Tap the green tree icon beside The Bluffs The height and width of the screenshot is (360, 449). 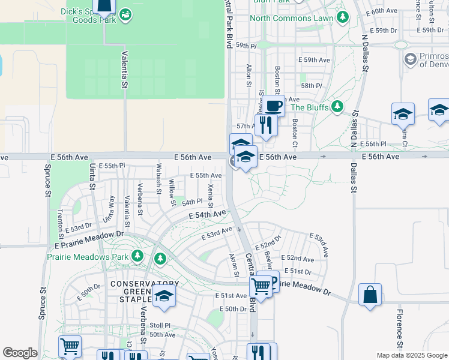pos(337,107)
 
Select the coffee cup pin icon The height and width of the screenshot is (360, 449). pos(274,106)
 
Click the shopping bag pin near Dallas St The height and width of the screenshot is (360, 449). pos(370,295)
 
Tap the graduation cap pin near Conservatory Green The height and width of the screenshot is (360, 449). pos(163,296)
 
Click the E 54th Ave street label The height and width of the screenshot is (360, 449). pos(207,214)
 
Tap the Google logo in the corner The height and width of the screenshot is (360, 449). pos(20,353)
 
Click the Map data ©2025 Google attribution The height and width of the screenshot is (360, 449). pos(411,355)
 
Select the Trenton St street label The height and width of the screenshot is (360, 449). pos(60,221)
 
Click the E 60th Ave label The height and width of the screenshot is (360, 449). pos(384,11)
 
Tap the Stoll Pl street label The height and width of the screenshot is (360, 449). pos(160,325)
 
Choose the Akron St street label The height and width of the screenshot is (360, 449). pos(235,265)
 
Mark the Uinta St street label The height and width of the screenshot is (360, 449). pos(92,176)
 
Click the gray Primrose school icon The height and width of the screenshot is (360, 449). pos(410,59)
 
